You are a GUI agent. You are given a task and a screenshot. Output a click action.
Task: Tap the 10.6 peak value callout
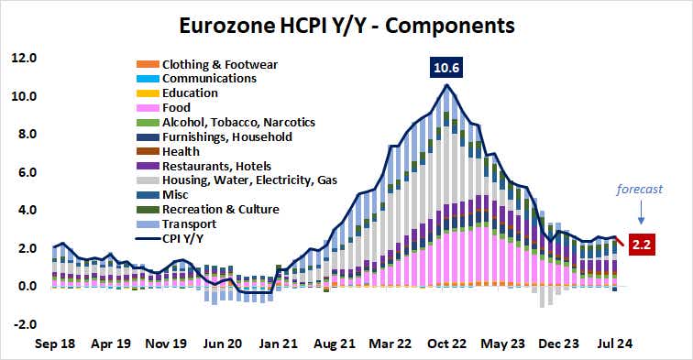pyautogui.click(x=445, y=68)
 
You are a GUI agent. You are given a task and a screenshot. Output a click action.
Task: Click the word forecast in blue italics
pyautogui.click(x=640, y=191)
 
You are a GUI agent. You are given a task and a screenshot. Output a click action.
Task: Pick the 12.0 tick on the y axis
pyautogui.click(x=24, y=58)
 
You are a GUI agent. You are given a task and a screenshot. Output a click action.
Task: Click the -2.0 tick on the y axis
pyautogui.click(x=24, y=324)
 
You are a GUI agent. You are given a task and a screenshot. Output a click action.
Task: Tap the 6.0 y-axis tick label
pyautogui.click(x=25, y=172)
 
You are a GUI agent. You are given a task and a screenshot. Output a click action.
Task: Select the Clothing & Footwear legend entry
pyautogui.click(x=219, y=64)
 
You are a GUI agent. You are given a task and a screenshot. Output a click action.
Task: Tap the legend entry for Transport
pyautogui.click(x=189, y=224)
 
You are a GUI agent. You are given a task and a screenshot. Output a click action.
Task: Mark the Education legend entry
pyautogui.click(x=189, y=93)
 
